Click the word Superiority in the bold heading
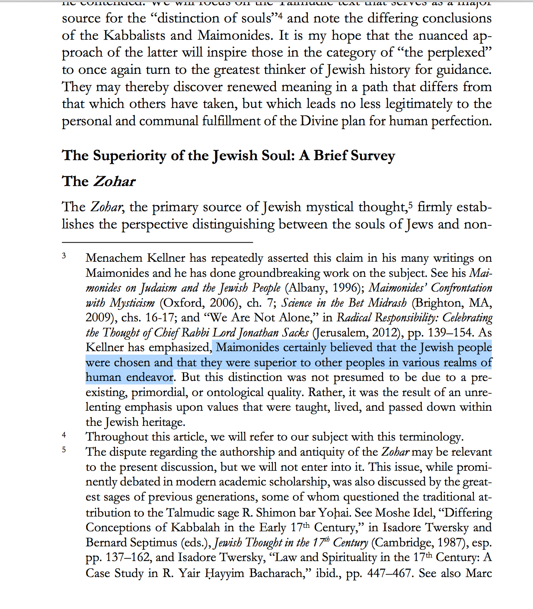coord(129,155)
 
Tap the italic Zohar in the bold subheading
coord(114,181)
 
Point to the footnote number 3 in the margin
coord(64,256)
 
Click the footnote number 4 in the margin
coord(64,435)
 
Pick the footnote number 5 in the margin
coord(64,450)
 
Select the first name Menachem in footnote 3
coord(114,258)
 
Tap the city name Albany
coord(307,288)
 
